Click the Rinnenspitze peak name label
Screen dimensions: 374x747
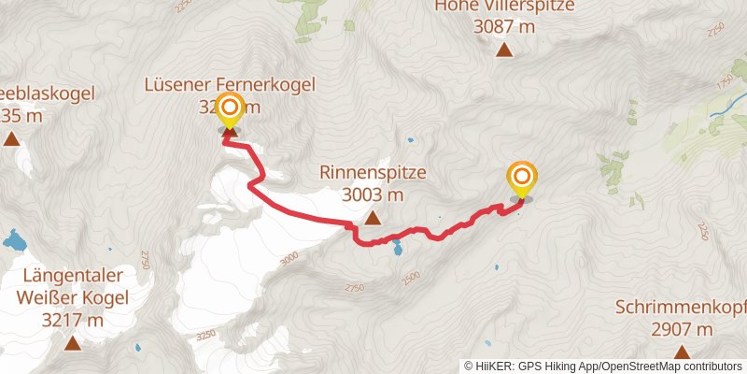pos(373,173)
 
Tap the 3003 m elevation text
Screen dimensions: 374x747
pos(373,194)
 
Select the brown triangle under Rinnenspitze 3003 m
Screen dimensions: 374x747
pos(373,219)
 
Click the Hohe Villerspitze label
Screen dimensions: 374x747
pos(504,7)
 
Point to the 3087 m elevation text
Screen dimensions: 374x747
pos(504,27)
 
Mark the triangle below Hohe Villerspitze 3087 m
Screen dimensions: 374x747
pos(504,50)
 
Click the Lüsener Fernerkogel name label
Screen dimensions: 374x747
pos(231,85)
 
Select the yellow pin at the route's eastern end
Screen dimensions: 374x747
pos(522,179)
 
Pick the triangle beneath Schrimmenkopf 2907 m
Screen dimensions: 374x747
pos(681,352)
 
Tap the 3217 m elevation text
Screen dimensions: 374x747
pos(73,320)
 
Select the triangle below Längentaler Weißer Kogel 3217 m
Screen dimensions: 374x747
pos(73,343)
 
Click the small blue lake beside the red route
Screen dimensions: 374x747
pos(399,249)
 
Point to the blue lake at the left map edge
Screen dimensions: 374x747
pos(15,242)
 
